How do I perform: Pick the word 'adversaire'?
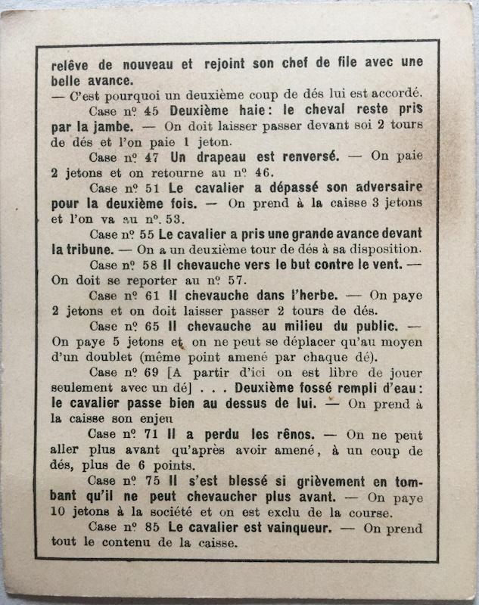coord(381,187)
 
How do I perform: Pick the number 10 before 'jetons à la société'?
coord(60,513)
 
